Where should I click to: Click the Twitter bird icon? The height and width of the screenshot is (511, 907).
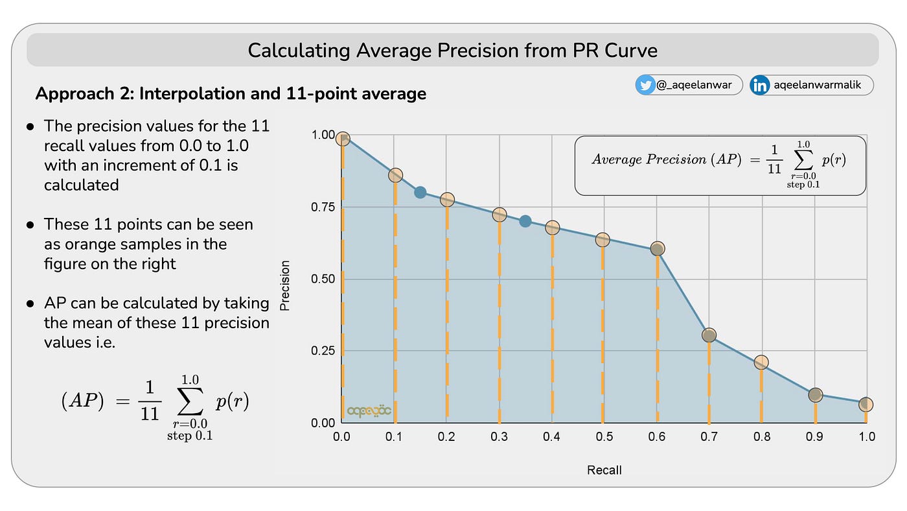[x=645, y=85]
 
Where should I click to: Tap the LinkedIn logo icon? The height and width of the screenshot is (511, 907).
[x=760, y=85]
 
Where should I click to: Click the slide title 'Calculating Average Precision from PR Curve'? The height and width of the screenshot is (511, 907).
[x=452, y=51]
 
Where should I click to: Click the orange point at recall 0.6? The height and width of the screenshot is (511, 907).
[x=657, y=248]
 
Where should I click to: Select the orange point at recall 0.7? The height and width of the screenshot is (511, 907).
[x=709, y=335]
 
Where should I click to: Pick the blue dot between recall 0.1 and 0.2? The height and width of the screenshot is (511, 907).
[x=420, y=192]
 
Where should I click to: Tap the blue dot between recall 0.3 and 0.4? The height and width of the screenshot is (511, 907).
[x=525, y=221]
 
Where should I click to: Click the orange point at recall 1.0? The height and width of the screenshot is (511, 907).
[x=866, y=405]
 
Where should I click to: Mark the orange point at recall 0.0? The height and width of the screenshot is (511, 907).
[x=343, y=139]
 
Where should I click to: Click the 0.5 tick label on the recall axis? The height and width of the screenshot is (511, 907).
[x=604, y=437]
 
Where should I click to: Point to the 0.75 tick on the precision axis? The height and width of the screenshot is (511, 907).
[x=321, y=207]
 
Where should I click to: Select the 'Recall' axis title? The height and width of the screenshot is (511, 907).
[x=604, y=470]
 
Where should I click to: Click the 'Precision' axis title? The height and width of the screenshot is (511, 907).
[x=285, y=285]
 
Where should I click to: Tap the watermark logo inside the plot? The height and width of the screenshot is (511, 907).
[x=369, y=410]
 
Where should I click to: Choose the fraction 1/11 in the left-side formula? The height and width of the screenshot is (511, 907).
[x=150, y=401]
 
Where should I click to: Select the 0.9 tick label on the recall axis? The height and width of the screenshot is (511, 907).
[x=814, y=437]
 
